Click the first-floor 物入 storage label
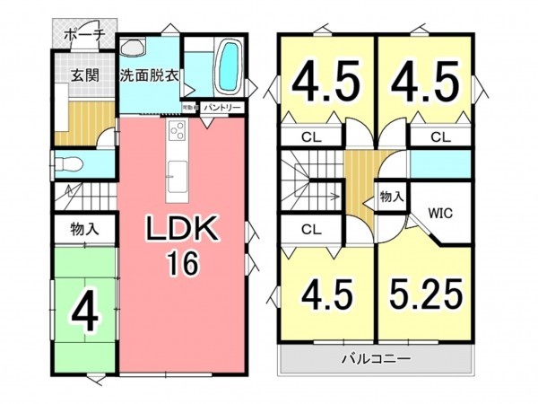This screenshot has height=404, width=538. tap(84, 230)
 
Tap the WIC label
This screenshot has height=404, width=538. tap(440, 214)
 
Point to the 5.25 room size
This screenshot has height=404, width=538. tap(425, 294)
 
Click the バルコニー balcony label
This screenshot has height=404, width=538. tap(376, 359)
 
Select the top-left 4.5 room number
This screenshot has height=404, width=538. tap(328, 83)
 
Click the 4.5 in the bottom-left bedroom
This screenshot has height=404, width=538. tap(327, 294)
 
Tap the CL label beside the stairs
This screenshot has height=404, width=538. tap(310, 230)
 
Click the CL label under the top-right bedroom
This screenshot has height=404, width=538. tap(439, 137)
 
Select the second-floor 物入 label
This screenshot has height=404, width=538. tap(391, 196)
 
